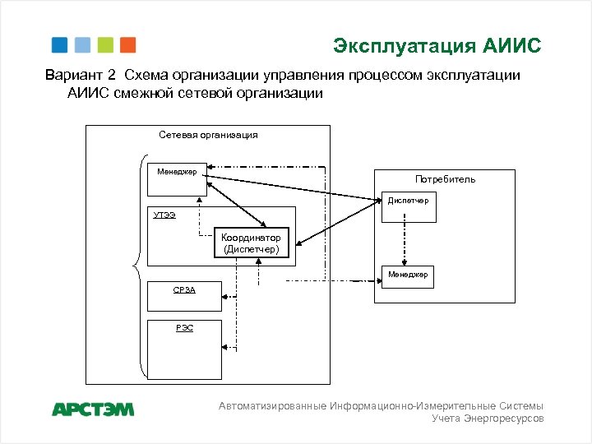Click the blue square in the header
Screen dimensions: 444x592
pyautogui.click(x=59, y=45)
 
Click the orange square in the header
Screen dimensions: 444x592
pyautogui.click(x=127, y=45)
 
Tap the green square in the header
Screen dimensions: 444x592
pyautogui.click(x=104, y=45)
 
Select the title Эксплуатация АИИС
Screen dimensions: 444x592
pyautogui.click(x=437, y=45)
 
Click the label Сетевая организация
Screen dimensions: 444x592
pyautogui.click(x=208, y=135)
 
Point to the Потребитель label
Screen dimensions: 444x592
pyautogui.click(x=445, y=179)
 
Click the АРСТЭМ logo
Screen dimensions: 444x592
pyautogui.click(x=93, y=409)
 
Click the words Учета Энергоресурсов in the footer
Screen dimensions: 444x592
pyautogui.click(x=488, y=419)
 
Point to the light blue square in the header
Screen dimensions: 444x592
pyautogui.click(x=81, y=45)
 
